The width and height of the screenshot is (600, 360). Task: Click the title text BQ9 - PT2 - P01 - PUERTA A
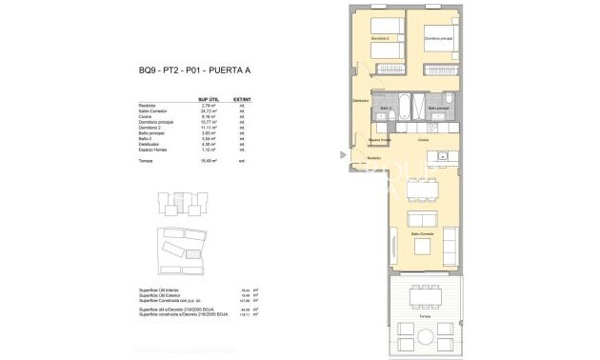coord(188,68)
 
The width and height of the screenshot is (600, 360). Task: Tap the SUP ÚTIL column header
coord(209,99)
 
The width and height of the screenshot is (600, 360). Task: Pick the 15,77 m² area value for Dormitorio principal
coord(210,123)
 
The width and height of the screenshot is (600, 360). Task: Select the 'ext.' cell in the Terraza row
coord(242,162)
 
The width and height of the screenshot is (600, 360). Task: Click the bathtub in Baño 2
coord(392,99)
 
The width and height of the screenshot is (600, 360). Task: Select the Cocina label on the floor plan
coord(422,140)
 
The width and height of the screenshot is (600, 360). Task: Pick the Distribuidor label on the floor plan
coord(360,100)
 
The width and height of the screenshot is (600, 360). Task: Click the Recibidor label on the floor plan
coord(373,157)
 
